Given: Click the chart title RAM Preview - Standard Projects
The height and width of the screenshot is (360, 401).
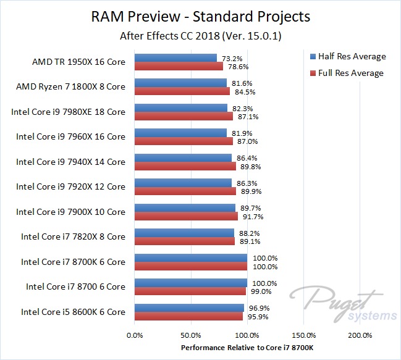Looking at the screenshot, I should [200, 15].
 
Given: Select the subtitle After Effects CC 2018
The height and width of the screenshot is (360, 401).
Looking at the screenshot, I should [200, 36].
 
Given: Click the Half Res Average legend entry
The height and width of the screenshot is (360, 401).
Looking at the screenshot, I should [351, 56].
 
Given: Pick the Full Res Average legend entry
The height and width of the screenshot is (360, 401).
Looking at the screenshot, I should [350, 73].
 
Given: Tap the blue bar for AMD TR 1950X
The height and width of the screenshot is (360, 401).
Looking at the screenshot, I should [175, 58].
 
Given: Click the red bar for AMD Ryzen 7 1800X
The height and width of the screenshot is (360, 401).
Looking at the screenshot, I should [182, 91].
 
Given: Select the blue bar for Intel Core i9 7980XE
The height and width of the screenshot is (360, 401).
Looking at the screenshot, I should [180, 108].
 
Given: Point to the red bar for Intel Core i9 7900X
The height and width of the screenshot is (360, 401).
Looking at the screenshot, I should [186, 217].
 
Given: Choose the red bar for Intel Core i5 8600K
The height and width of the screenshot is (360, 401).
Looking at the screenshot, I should [188, 317].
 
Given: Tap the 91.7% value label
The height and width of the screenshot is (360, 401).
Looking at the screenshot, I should [250, 217].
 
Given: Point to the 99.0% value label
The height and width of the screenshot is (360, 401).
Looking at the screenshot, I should [258, 291].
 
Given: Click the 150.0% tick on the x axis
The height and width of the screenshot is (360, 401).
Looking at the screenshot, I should [303, 336].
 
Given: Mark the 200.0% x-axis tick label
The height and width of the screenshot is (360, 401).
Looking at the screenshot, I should [360, 336].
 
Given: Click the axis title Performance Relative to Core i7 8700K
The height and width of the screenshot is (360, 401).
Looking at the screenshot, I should [247, 348].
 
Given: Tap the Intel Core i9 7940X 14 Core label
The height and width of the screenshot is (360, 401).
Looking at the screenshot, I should [70, 162].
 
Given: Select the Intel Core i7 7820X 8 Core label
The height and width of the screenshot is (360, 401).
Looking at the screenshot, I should [73, 237].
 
